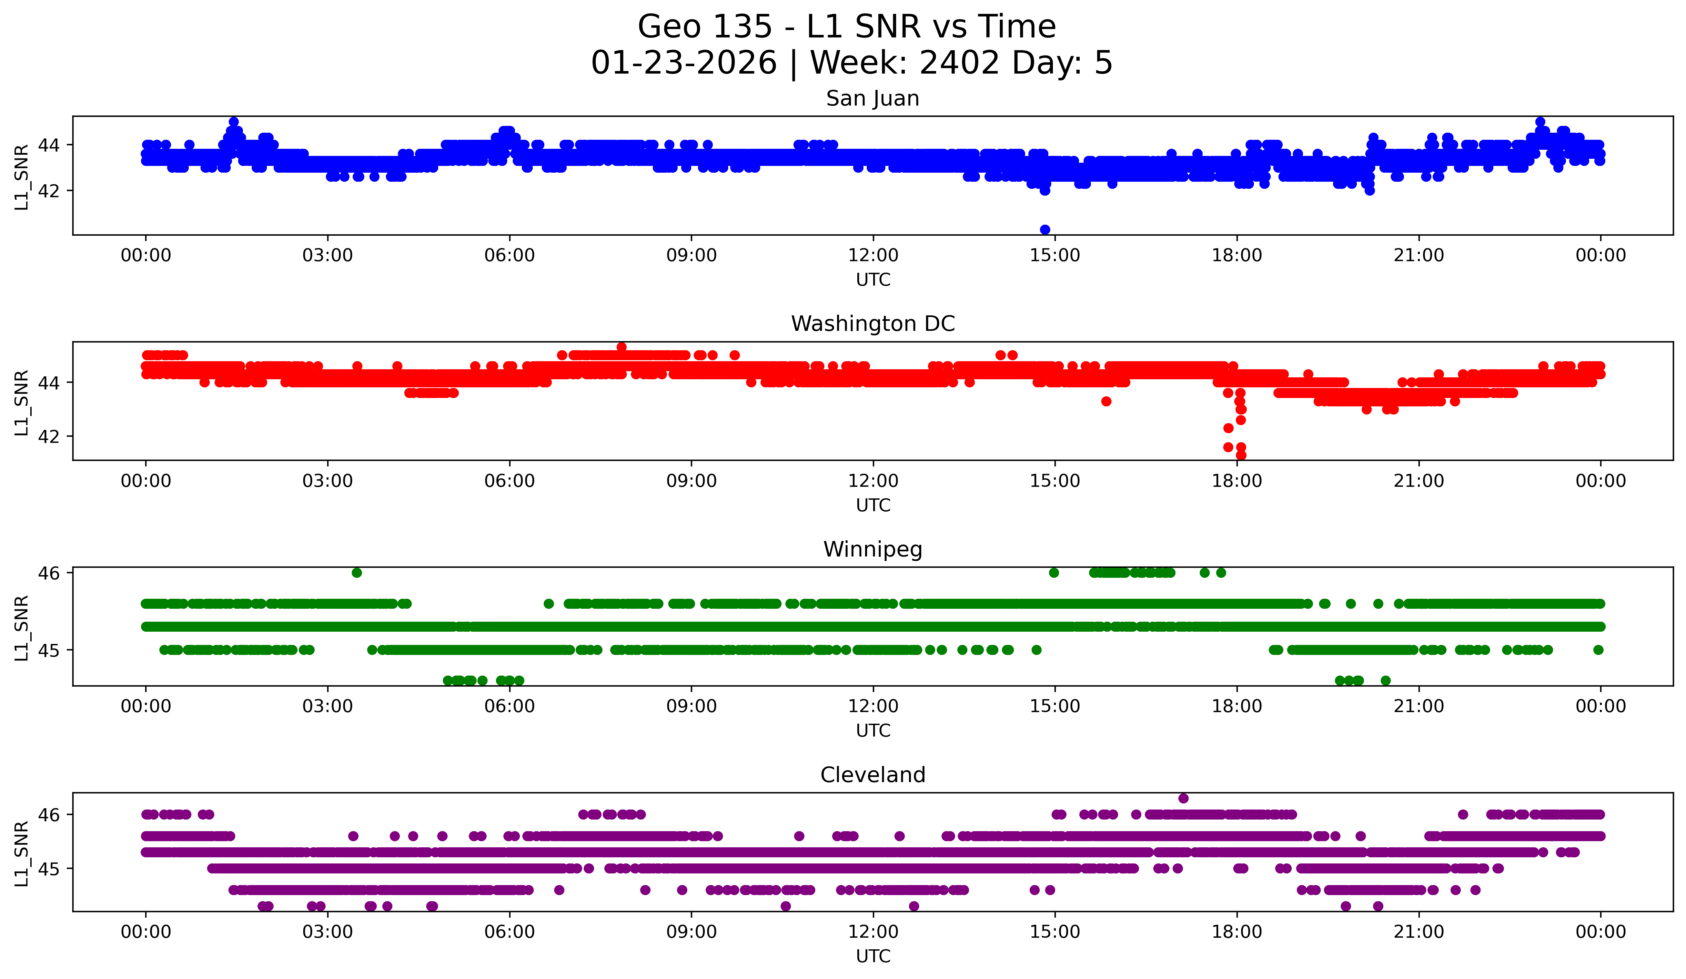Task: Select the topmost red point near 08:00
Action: click(x=621, y=347)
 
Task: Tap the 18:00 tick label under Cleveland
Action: click(x=1237, y=932)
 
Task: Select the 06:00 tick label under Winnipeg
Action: click(x=509, y=707)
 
